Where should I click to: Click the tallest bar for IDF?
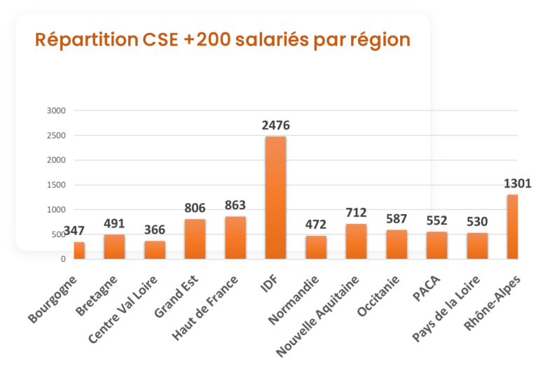tap(275, 197)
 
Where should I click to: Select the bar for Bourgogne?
tap(79, 250)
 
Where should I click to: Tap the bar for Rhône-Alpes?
tap(513, 226)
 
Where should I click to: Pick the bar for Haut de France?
tap(235, 237)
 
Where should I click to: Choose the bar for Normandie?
tap(316, 247)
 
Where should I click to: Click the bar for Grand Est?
tap(195, 239)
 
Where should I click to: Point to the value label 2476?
tap(275, 126)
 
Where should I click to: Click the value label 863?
tap(235, 206)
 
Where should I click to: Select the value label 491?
tap(114, 224)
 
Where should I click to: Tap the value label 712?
tap(357, 213)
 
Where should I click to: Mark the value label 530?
tap(477, 222)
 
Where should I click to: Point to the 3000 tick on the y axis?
tap(56, 111)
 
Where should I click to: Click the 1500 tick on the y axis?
tap(56, 185)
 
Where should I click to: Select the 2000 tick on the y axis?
tap(56, 160)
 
